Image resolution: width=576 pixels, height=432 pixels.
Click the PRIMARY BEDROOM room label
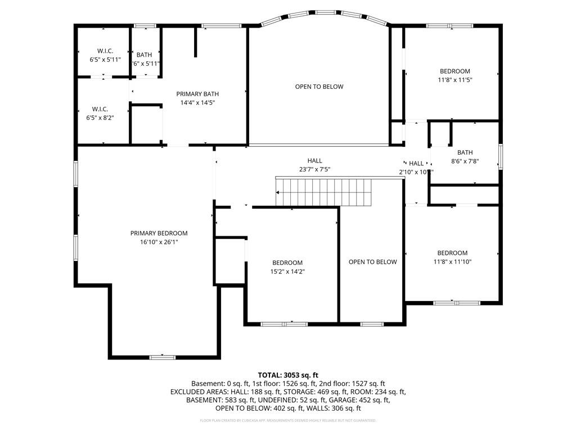coord(159,233)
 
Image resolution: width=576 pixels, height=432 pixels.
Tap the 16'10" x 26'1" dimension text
coord(159,242)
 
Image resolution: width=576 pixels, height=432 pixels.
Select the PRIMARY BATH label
coord(197,94)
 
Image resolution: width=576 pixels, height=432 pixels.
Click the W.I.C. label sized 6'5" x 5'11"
coord(105,51)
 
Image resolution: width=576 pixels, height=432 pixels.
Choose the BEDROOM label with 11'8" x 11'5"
coord(454,71)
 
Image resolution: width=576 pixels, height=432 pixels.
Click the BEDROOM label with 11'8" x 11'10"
coord(452,253)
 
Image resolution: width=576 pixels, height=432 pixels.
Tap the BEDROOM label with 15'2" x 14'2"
coord(287,263)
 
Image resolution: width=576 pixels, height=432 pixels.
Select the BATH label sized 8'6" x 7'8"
coord(465,152)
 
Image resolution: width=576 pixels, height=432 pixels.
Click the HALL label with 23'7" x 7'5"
coord(314,161)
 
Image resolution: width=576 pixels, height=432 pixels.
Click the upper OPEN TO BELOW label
coord(319,87)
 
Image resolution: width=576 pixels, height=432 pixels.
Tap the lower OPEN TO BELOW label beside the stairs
coord(372,262)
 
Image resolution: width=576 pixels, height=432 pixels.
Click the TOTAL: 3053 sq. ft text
coord(288,375)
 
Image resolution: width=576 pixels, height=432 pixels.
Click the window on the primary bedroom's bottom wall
coord(163,357)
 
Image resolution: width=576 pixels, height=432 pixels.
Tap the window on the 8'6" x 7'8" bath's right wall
coord(499,156)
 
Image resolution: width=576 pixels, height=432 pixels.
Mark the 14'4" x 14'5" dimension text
coord(197,103)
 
